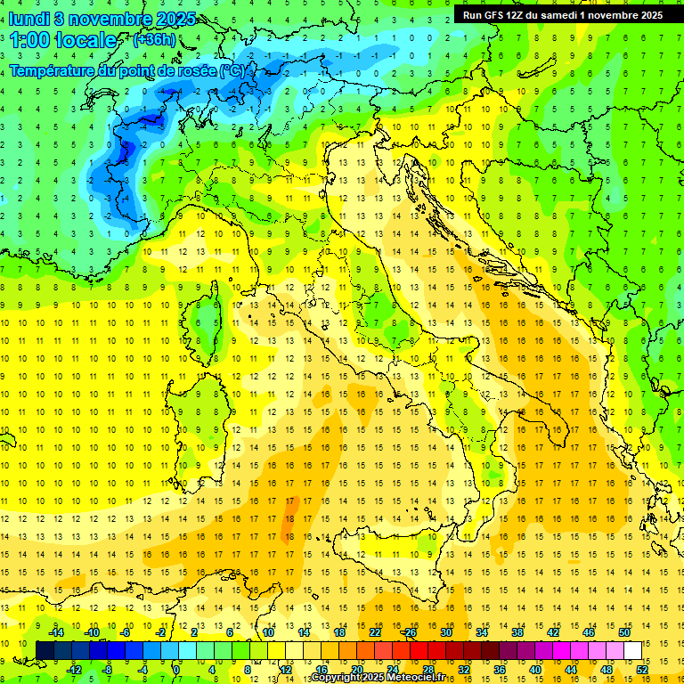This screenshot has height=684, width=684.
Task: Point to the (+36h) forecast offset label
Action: coord(154,40)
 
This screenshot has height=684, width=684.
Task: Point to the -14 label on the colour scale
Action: coord(57,632)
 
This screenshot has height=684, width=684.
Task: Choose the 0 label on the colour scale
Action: coord(175,669)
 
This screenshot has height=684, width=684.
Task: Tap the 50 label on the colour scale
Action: coord(624,632)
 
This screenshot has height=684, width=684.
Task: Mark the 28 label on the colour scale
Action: coord(428,669)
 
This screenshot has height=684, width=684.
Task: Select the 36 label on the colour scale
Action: coord(499,669)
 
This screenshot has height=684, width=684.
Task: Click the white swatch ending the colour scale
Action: coord(632,650)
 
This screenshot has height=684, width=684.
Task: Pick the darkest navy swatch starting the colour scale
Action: coord(45,650)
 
